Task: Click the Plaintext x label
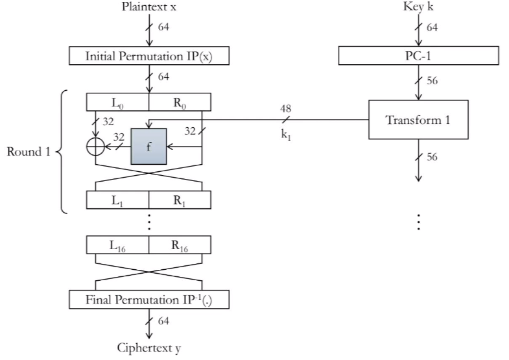pyautogui.click(x=149, y=7)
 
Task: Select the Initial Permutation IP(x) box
pyautogui.click(x=149, y=56)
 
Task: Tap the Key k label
pyautogui.click(x=418, y=6)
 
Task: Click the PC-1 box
pyautogui.click(x=418, y=56)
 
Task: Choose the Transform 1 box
pyautogui.click(x=418, y=119)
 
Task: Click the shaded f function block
pyautogui.click(x=148, y=147)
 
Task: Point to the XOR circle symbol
pyautogui.click(x=96, y=147)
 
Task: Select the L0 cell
pyautogui.click(x=117, y=102)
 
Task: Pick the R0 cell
pyautogui.click(x=180, y=102)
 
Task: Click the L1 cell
pyautogui.click(x=117, y=200)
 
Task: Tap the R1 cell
pyautogui.click(x=180, y=200)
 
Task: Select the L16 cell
pyautogui.click(x=117, y=245)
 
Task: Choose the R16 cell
pyautogui.click(x=180, y=245)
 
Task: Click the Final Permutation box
pyautogui.click(x=149, y=299)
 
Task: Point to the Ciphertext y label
pyautogui.click(x=149, y=348)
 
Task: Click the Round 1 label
pyautogui.click(x=29, y=152)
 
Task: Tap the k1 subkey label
pyautogui.click(x=286, y=134)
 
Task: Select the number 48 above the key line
pyautogui.click(x=286, y=108)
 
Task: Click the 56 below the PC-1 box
pyautogui.click(x=432, y=80)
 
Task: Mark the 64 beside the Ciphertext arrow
pyautogui.click(x=163, y=320)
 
